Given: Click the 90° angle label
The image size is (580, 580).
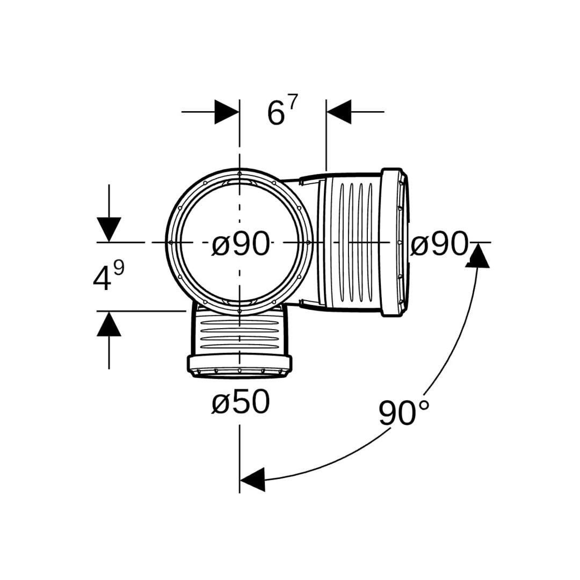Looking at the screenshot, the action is [x=404, y=413].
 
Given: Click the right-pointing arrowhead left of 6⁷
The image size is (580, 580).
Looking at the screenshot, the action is [x=227, y=111].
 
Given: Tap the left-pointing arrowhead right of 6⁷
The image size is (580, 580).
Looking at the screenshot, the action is [x=339, y=111].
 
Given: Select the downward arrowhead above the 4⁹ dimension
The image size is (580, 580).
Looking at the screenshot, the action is [x=109, y=230].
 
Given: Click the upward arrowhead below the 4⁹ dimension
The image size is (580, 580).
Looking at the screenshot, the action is [x=109, y=324].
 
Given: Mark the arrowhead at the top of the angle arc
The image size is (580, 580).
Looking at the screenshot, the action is [x=477, y=255].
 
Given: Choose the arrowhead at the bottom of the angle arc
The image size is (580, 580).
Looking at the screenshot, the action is [x=252, y=480].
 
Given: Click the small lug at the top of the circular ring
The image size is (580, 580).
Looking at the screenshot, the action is [x=240, y=173].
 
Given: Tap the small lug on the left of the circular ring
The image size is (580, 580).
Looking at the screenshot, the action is [x=171, y=242].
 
